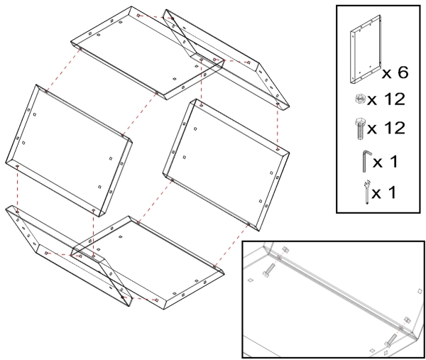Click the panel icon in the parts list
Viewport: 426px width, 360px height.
[365, 50]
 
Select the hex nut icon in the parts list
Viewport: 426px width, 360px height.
[360, 99]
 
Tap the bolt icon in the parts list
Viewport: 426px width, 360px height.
[360, 129]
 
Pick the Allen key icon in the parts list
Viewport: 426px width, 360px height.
[366, 161]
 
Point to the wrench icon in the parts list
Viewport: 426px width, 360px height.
[366, 192]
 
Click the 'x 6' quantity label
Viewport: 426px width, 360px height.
[395, 72]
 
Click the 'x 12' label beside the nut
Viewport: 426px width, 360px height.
[386, 99]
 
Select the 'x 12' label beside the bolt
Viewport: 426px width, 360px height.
[386, 128]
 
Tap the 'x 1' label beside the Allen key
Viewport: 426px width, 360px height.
[386, 162]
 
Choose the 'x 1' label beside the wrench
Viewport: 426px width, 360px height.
[383, 192]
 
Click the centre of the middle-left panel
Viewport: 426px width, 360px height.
[68, 151]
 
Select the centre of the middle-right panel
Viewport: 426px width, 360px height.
[226, 165]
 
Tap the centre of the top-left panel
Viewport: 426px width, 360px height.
[148, 53]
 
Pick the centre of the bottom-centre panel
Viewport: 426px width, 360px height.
[148, 263]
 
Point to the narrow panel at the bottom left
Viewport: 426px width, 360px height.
[68, 256]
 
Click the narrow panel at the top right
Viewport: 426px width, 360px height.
[226, 59]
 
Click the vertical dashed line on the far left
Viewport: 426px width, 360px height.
[17, 188]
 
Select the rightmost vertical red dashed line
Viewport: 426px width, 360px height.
[277, 126]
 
